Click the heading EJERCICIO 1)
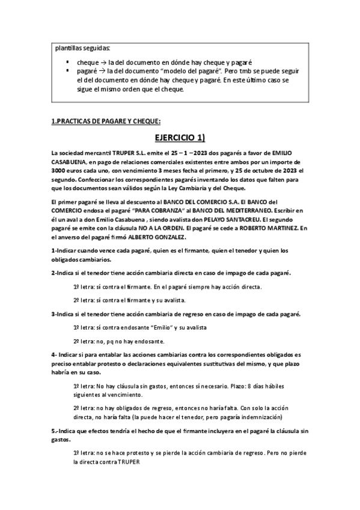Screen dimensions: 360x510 tap(180, 138)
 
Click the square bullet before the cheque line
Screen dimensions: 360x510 tap(70, 62)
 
